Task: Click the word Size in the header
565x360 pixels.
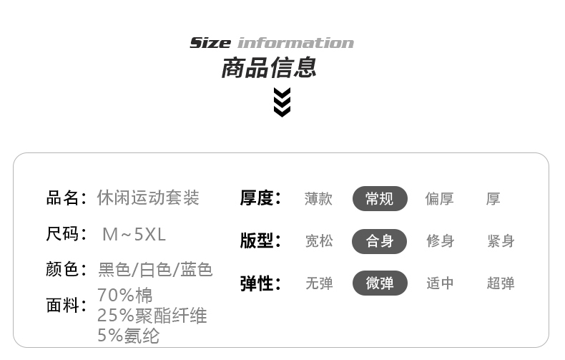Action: (210, 43)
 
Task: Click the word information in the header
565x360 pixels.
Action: (295, 43)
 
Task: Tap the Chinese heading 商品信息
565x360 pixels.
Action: (268, 69)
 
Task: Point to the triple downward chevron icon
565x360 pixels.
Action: (282, 102)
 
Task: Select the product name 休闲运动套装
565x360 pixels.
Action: (148, 198)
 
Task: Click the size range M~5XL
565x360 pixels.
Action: (134, 234)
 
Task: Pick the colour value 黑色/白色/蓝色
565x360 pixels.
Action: (155, 270)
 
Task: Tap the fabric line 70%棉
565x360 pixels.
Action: (124, 295)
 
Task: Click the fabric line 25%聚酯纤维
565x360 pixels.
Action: (152, 315)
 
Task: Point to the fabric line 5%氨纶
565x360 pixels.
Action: (128, 335)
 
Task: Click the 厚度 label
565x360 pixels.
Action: (260, 198)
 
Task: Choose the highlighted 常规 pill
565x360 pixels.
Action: (380, 198)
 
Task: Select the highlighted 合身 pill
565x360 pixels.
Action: (380, 240)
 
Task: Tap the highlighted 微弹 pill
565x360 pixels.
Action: (380, 283)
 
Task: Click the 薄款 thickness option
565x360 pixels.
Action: (318, 199)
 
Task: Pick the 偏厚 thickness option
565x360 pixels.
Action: (440, 199)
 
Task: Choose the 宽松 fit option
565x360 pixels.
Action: (319, 241)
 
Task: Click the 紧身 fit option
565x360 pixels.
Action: (501, 241)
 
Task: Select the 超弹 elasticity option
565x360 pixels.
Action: (501, 283)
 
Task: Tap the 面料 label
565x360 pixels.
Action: (65, 306)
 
